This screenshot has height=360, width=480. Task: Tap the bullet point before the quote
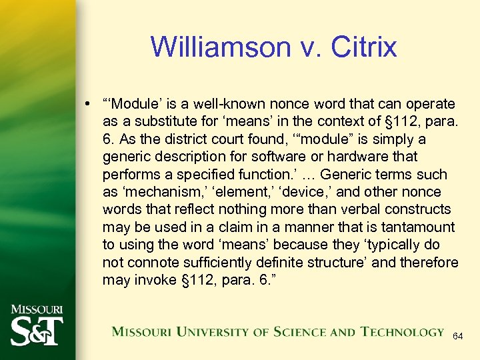click(x=88, y=105)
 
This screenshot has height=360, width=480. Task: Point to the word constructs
click(x=412, y=209)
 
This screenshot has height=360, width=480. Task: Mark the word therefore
click(x=431, y=262)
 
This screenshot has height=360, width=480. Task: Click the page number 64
click(x=457, y=337)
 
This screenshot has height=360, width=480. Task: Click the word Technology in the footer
click(x=402, y=331)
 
